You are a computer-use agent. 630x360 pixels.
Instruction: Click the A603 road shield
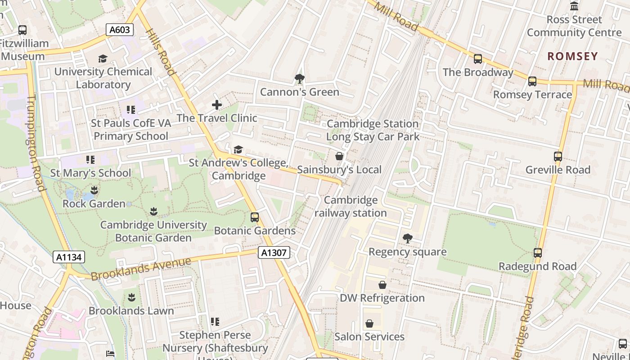click(x=120, y=30)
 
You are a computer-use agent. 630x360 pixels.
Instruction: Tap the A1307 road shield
click(x=274, y=252)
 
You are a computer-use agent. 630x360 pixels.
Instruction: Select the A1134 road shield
click(x=69, y=257)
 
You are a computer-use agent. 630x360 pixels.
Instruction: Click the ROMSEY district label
click(x=572, y=56)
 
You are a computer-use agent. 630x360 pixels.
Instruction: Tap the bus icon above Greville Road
click(x=558, y=157)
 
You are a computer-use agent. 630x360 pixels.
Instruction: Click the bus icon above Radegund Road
click(x=538, y=253)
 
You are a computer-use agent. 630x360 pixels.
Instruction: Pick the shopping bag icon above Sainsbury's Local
click(x=339, y=156)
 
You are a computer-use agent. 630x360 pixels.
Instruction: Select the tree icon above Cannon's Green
click(x=299, y=79)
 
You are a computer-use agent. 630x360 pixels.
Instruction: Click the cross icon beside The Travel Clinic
click(x=217, y=105)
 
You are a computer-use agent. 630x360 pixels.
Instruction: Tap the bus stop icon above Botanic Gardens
click(x=255, y=217)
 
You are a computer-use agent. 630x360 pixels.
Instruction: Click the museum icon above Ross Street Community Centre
click(x=574, y=6)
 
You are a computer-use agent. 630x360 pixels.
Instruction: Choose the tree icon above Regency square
click(x=408, y=238)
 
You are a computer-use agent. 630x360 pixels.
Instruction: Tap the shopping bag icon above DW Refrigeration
click(x=382, y=285)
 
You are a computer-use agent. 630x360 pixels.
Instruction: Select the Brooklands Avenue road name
click(x=141, y=269)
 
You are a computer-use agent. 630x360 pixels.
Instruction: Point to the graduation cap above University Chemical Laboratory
click(x=103, y=58)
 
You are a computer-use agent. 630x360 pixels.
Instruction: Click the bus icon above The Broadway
click(x=478, y=59)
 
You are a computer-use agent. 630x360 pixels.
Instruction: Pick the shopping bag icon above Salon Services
click(x=369, y=324)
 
